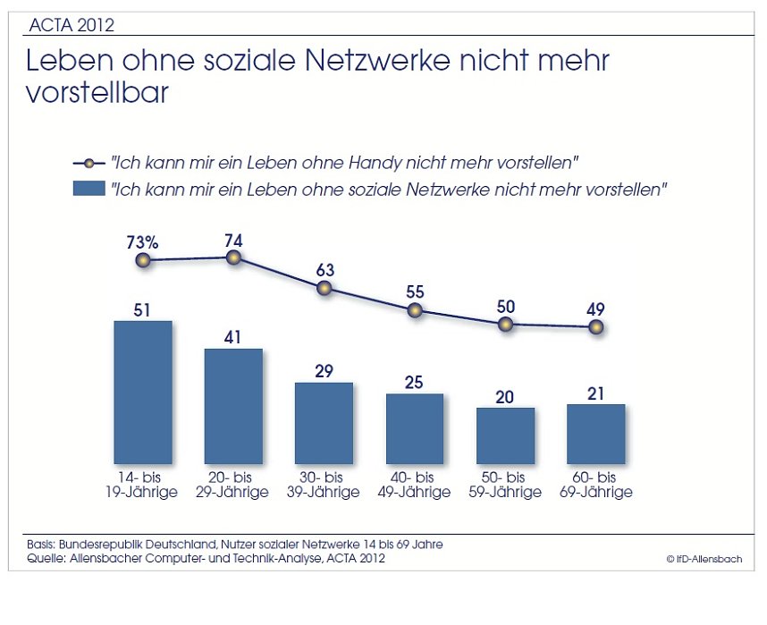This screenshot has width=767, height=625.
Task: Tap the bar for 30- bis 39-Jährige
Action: coord(324,421)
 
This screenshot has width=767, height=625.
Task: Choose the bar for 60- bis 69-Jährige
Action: coord(595,433)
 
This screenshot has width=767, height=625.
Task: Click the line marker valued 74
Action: coord(234,258)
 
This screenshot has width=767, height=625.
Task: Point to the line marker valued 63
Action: coord(324,288)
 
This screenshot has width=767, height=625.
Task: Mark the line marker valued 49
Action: coord(596,327)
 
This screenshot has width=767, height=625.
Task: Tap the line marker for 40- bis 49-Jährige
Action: coord(415,310)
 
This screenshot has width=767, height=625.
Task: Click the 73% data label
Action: coord(142,241)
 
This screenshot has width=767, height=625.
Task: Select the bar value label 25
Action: coord(415,381)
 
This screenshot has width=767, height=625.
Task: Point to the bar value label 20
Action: coord(505,395)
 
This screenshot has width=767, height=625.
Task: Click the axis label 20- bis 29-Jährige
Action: coord(232,485)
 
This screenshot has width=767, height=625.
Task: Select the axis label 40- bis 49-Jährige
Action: coord(414,485)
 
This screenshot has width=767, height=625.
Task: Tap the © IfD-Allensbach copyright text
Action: coord(703,560)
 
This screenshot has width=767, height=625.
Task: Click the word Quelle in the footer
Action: coord(45,559)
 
